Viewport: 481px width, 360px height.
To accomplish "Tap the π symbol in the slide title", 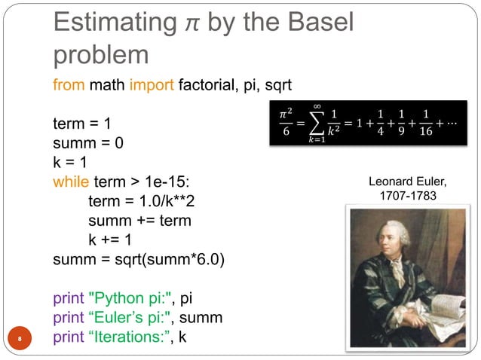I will pyautogui.click(x=188, y=24).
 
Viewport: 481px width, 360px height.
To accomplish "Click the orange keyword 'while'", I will pyautogui.click(x=70, y=182).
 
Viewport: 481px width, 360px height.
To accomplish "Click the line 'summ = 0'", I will pyautogui.click(x=87, y=142).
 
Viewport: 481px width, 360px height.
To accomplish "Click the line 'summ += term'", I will pyautogui.click(x=139, y=221).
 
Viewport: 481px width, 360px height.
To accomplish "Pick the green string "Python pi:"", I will pyautogui.click(x=132, y=297).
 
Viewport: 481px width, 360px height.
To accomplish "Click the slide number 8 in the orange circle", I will pyautogui.click(x=23, y=337).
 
